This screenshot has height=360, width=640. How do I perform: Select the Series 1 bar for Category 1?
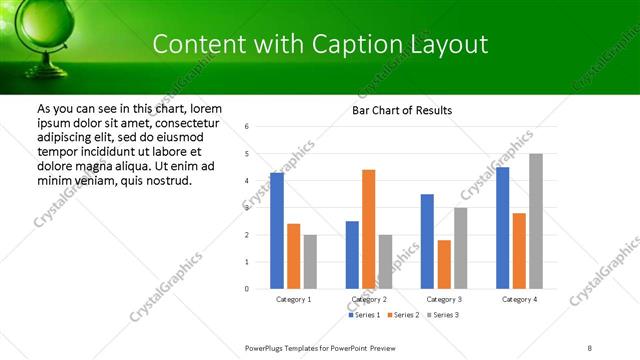tap(277, 231)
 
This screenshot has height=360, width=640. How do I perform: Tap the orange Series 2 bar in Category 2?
tap(368, 229)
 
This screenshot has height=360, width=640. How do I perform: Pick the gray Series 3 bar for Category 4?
tap(536, 221)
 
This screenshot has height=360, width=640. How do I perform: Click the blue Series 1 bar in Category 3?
tap(427, 241)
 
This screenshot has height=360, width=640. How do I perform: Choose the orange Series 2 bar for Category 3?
tap(444, 264)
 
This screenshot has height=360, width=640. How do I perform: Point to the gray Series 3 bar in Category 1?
tap(310, 262)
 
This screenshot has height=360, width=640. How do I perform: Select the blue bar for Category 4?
tap(502, 228)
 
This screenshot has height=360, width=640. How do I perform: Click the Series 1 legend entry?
tap(363, 315)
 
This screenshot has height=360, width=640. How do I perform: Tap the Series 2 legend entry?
tap(403, 315)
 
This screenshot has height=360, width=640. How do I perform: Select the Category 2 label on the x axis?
tap(368, 299)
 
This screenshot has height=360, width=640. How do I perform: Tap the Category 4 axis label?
tap(519, 299)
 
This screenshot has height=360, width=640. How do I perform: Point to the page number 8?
tap(590, 348)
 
